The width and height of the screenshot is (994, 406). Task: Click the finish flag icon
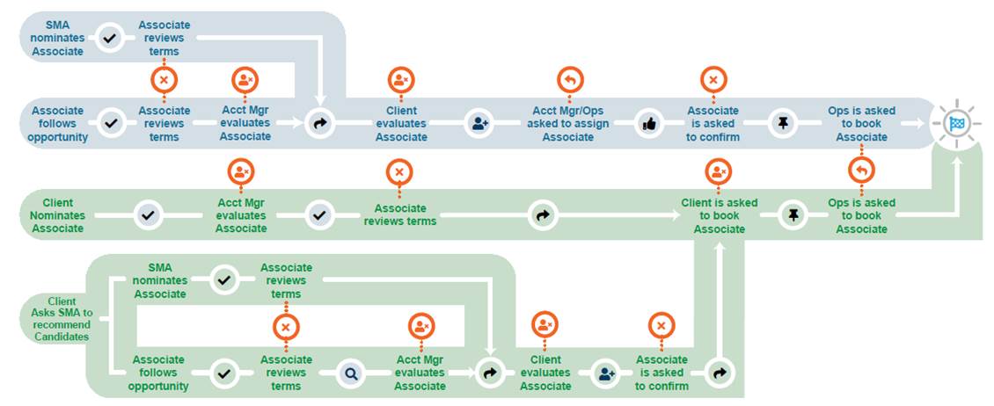957,124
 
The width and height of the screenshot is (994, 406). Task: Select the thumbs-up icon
650,124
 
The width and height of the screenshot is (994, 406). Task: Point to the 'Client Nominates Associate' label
57,215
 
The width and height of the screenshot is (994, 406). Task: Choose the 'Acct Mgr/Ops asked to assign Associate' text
568,124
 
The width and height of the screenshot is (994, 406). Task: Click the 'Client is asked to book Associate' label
719,215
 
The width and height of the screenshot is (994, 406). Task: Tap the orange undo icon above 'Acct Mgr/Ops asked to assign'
570,80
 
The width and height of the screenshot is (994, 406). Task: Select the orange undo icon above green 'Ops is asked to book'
861,170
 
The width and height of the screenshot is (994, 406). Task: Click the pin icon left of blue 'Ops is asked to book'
782,124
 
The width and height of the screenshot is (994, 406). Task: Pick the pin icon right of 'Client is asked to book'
793,215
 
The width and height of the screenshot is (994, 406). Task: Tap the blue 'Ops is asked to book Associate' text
861,124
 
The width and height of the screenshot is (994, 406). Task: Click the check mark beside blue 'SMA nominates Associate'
110,39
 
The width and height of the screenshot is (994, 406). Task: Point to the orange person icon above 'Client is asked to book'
719,170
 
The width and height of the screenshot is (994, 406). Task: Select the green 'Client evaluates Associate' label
545,373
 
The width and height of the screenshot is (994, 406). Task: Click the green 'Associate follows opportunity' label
158,373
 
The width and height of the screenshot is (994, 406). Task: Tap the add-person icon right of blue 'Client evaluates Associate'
479,124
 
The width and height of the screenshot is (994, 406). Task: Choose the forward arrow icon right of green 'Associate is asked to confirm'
720,373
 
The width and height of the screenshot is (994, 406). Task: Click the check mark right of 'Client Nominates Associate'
149,215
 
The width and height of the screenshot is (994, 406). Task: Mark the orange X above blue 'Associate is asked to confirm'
713,80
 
